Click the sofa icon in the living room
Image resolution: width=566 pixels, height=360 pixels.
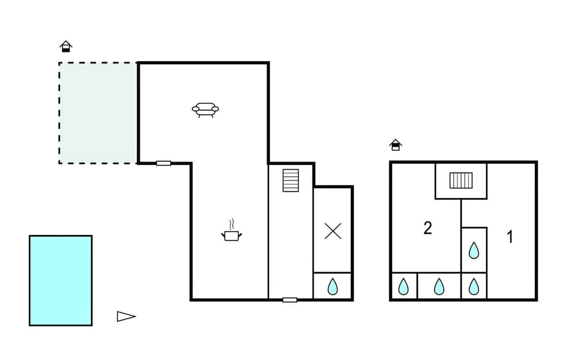[x=205, y=110]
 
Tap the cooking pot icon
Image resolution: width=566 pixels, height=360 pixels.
[x=231, y=236]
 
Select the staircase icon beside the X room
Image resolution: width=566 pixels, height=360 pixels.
[x=291, y=180]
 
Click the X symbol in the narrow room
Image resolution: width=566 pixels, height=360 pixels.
[x=333, y=231]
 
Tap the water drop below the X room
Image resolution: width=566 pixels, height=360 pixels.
[x=333, y=286]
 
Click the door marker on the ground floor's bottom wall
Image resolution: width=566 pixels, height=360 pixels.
[x=289, y=300]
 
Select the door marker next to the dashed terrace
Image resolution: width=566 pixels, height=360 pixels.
[x=163, y=163]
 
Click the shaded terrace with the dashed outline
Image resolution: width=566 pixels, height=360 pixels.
[x=98, y=113]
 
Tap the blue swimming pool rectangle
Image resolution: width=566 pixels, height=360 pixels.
[x=61, y=280]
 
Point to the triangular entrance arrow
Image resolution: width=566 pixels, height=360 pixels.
[x=126, y=316]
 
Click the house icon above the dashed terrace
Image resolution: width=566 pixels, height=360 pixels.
[x=65, y=47]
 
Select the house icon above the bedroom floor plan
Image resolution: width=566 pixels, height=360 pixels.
[x=396, y=145]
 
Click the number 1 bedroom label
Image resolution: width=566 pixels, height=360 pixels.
[x=509, y=237]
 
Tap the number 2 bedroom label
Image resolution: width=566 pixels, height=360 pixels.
[x=427, y=228]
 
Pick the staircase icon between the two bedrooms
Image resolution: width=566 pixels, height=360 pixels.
[x=461, y=180]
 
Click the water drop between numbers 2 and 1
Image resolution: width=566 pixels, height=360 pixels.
[x=473, y=250]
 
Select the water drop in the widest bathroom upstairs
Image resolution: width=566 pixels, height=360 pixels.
[x=439, y=286]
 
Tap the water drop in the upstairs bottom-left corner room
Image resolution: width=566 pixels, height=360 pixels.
[x=403, y=286]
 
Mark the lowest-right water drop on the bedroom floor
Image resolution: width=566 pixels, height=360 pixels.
[x=473, y=286]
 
